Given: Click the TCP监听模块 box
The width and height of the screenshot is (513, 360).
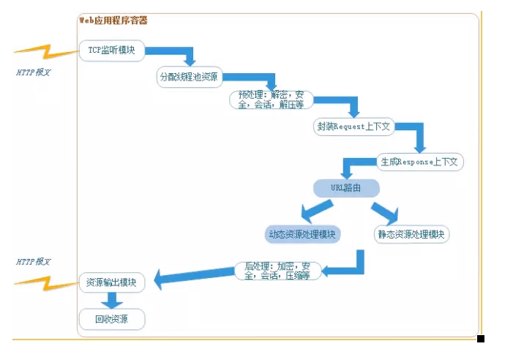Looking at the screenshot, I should (112, 50).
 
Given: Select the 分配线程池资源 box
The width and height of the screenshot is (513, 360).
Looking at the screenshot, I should (190, 77).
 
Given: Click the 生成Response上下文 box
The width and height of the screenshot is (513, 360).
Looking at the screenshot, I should (420, 162).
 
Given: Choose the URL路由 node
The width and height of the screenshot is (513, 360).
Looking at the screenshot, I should (346, 188).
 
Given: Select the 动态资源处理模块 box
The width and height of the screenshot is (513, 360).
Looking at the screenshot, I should (302, 234).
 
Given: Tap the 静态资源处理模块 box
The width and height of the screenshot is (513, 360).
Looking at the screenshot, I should (412, 234).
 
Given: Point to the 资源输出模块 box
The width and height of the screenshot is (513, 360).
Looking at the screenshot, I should (112, 282).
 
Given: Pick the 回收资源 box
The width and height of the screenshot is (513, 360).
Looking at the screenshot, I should (112, 319).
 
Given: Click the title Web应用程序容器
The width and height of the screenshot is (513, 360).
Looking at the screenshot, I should (113, 20).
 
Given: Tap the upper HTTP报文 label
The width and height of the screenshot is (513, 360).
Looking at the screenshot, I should (34, 72).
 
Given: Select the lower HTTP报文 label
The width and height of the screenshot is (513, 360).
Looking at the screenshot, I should (34, 261).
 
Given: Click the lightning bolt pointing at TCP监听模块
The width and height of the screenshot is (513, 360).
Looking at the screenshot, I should (45, 51).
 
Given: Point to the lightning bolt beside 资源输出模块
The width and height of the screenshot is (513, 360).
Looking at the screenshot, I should (45, 281).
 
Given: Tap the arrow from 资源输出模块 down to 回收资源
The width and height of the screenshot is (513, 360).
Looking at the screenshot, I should (112, 300).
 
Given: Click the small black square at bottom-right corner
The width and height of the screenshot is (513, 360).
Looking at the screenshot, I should (481, 339).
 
